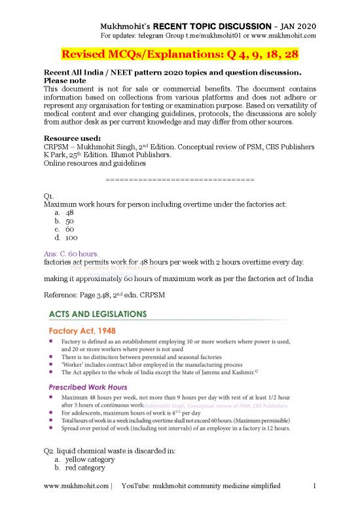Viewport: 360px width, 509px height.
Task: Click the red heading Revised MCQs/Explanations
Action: tap(180, 52)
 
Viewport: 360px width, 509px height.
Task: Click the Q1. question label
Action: tap(47, 193)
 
